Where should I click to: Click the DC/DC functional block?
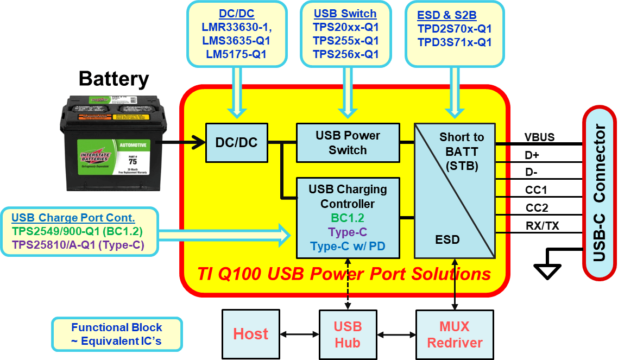coord(237,143)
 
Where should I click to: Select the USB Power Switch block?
coord(348,143)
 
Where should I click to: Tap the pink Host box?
coord(250,333)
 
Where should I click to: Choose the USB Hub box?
coord(348,334)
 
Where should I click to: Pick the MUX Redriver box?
coord(455,334)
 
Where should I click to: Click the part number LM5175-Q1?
coord(236,54)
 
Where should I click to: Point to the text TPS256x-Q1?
coord(345,54)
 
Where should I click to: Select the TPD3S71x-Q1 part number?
coord(455,42)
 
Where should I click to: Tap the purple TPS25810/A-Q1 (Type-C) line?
coord(78,245)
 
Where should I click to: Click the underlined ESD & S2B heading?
coord(446,15)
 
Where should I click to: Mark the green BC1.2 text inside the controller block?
coord(348,218)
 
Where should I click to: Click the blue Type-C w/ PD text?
coord(348,247)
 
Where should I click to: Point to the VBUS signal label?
coord(539,137)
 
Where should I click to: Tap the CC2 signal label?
coord(537,208)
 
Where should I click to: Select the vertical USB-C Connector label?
coord(599,193)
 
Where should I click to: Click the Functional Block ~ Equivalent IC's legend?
coord(117,334)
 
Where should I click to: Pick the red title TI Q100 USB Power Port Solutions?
coord(344,274)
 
